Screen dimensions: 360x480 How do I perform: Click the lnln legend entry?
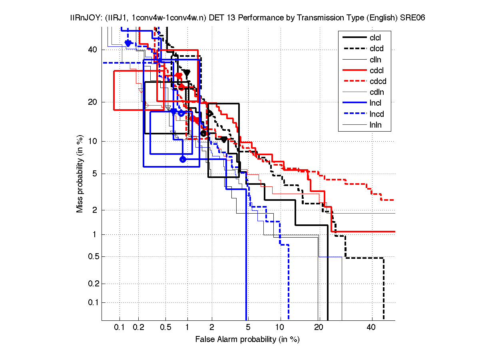tap(375, 125)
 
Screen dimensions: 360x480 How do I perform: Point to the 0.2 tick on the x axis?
tap(139, 328)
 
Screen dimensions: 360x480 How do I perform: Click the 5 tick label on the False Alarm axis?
tap(248, 328)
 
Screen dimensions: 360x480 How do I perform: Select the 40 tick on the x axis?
tap(371, 328)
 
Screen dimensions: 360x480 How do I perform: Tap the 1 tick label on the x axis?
tap(187, 328)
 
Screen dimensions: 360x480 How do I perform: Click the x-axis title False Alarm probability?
tap(247, 340)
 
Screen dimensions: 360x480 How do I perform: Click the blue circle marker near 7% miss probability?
tap(183, 159)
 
